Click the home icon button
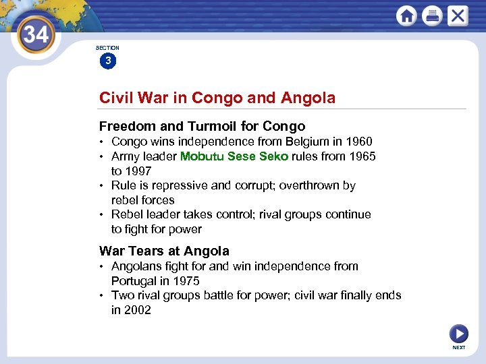tap(407, 16)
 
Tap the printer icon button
tap(432, 16)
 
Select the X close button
tap(457, 16)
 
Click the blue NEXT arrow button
tap(458, 334)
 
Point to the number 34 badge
tap(36, 34)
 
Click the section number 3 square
tap(107, 61)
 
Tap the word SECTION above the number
tap(107, 48)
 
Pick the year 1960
tap(358, 142)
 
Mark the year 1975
tap(186, 281)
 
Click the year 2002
tap(138, 310)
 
